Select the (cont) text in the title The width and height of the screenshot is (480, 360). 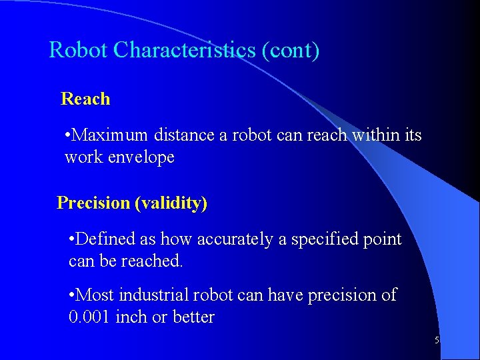tap(291, 50)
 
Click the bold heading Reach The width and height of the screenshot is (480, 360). tap(85, 99)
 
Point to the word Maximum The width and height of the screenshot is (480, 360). tap(110, 135)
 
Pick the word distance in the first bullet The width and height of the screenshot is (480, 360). tap(184, 135)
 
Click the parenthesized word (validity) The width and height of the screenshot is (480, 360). tap(171, 203)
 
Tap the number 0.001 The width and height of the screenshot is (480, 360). tap(90, 317)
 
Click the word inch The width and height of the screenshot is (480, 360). tap(131, 317)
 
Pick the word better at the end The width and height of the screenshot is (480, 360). tap(193, 317)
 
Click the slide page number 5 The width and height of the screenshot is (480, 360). tap(437, 341)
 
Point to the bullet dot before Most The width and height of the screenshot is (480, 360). tap(73, 295)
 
